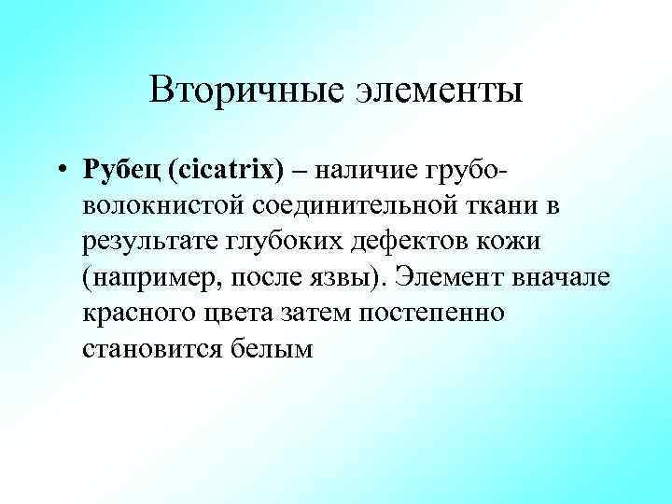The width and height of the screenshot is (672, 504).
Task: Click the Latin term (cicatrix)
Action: point(238,172)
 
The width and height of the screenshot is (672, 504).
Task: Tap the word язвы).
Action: point(357,277)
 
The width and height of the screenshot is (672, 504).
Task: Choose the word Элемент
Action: point(460,277)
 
